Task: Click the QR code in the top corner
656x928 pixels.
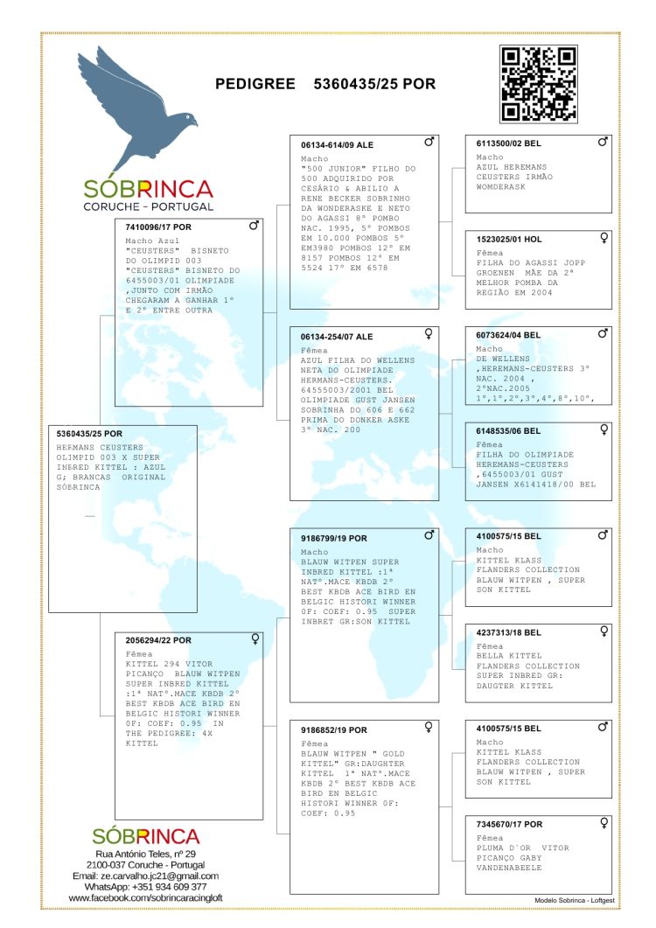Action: (x=538, y=84)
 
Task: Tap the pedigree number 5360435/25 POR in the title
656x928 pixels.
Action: (x=374, y=84)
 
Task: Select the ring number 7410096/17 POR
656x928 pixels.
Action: (x=158, y=226)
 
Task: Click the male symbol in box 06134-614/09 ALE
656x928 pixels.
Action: (x=429, y=141)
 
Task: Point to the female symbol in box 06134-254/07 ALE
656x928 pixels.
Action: (x=429, y=333)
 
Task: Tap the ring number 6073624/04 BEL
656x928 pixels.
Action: (x=509, y=335)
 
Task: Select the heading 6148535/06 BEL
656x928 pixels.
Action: (x=509, y=430)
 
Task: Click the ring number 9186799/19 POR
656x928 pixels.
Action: (x=334, y=538)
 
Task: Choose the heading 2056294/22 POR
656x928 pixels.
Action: (x=159, y=640)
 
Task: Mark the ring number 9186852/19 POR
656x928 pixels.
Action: (x=334, y=729)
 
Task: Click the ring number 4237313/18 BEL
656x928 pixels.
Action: (x=509, y=631)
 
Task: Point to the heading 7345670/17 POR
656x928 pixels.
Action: (x=509, y=824)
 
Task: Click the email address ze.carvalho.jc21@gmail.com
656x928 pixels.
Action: (x=145, y=876)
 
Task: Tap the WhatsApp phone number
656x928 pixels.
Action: (x=169, y=887)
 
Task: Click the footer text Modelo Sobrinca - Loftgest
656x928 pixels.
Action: (x=573, y=899)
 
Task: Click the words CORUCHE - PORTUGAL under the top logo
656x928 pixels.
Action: (x=148, y=206)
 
